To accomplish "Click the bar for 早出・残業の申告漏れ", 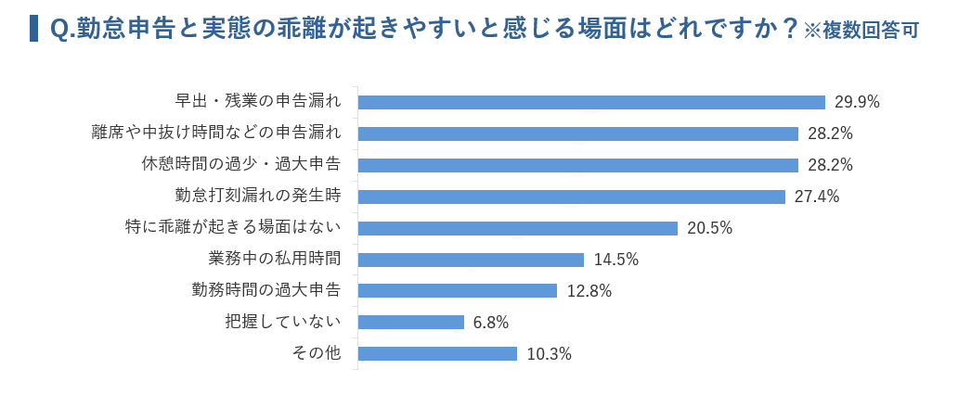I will pos(591,102).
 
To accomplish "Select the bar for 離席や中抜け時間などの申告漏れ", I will pos(577,134).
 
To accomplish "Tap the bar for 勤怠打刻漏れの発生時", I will pos(572,197).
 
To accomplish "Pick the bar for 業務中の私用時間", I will pos(471,260).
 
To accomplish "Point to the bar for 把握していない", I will pos(410,322).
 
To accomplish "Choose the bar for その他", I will pos(437,353).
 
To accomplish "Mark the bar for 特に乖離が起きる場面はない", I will pos(517,228).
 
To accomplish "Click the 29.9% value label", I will pos(857,102).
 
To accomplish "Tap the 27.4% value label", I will pos(817,197).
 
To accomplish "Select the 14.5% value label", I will pos(616,260).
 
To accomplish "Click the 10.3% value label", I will pos(549,354).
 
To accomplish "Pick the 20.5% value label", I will pos(710,228).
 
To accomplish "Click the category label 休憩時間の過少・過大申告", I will pos(240,164).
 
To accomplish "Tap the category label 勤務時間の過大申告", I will pos(265,289).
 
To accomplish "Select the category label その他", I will pos(317,352).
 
